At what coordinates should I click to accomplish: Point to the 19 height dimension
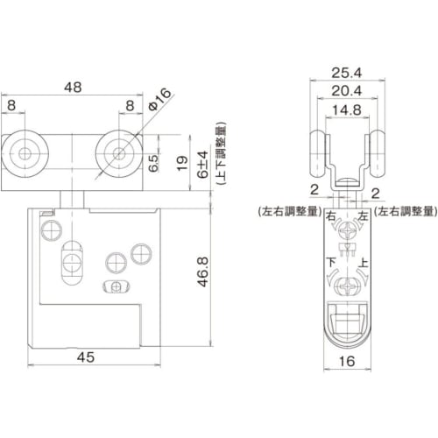[180, 163]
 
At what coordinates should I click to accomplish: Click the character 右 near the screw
[329, 216]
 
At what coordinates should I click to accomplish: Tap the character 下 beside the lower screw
[329, 262]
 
